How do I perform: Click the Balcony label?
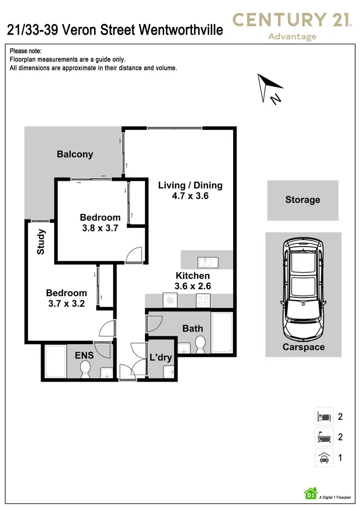(75, 154)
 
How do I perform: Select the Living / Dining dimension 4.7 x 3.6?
(191, 196)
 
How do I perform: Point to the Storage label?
(302, 200)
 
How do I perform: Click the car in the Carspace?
(303, 288)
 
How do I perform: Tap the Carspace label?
(303, 347)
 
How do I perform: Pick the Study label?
(41, 242)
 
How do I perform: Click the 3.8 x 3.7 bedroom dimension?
(100, 228)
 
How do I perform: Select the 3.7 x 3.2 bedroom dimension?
(66, 303)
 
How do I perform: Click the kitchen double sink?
(208, 262)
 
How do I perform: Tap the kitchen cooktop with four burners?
(202, 301)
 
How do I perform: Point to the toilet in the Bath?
(200, 343)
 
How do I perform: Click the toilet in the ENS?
(85, 368)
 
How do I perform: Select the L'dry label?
(160, 357)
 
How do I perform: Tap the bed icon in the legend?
(324, 416)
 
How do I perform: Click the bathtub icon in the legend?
(324, 437)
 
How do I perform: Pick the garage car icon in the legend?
(324, 458)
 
